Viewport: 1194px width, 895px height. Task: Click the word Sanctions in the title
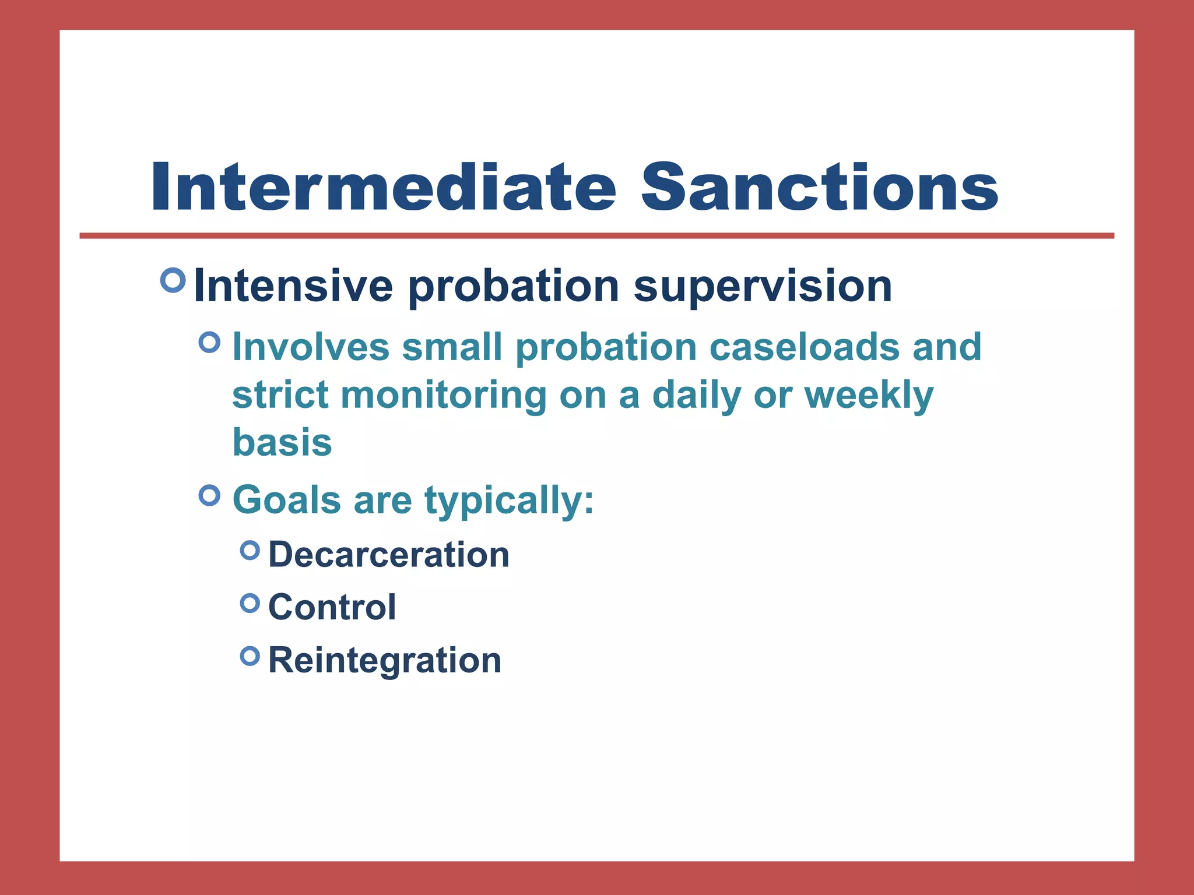(819, 188)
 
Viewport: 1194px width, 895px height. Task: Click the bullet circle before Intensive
(173, 280)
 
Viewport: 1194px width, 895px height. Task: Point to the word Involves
(311, 347)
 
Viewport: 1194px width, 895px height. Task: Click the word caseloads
(805, 347)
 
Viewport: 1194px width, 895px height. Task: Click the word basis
(282, 443)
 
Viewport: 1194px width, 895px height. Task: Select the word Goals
(286, 500)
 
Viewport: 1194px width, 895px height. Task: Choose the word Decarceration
(389, 555)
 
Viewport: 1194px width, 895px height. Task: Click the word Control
(332, 608)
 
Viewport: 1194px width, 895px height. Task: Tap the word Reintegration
(385, 661)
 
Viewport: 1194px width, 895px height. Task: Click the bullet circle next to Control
(250, 603)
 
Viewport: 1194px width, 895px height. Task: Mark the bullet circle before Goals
(209, 495)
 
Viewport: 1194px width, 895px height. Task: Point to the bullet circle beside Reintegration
(250, 656)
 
